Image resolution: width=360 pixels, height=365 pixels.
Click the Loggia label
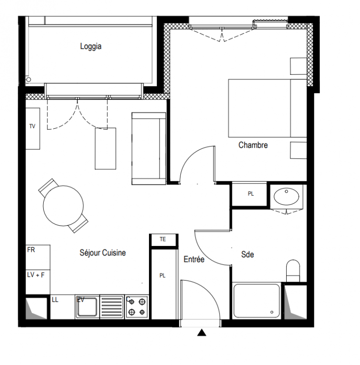91,46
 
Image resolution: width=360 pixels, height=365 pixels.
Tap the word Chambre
253,145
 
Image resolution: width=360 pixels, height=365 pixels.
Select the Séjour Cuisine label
103,253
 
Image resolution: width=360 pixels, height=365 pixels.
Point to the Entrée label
194,259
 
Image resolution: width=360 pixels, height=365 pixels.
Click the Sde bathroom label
247,255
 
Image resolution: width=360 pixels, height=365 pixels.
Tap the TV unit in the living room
32,129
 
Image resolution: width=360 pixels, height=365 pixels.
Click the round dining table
63,206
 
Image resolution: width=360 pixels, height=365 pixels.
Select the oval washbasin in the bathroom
286,197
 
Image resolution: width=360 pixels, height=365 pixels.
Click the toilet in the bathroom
293,271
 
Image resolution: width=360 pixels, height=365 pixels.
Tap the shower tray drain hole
272,312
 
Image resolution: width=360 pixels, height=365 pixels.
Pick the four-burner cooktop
137,307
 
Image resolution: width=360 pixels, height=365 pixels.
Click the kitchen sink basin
87,307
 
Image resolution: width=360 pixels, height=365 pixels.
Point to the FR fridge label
31,250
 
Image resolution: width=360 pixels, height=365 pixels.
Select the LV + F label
36,275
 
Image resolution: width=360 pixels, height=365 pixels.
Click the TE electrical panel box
164,240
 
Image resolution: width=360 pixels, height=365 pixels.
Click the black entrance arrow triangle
201,333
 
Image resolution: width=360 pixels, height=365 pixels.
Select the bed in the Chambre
267,108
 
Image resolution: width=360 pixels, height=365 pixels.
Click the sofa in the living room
149,149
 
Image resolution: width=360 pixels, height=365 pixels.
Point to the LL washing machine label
55,300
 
